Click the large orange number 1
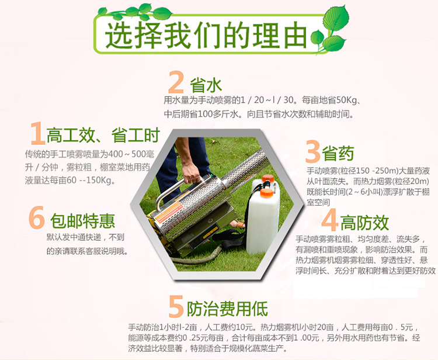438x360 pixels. click(x=38, y=133)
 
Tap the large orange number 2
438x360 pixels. click(x=176, y=82)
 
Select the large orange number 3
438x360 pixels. click(x=312, y=151)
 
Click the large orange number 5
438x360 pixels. click(x=176, y=307)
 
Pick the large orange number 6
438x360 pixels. click(x=37, y=217)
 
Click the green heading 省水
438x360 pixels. click(x=206, y=85)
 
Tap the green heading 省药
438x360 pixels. click(x=338, y=154)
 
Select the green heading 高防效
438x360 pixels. click(x=364, y=223)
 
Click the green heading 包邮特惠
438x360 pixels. click(x=83, y=221)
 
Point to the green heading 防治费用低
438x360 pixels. click(x=227, y=309)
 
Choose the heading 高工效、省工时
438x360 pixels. click(x=103, y=135)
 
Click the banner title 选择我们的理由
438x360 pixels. click(x=206, y=36)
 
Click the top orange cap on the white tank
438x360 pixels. click(x=268, y=178)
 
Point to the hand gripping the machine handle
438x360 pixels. click(x=192, y=173)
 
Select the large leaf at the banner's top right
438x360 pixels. click(x=336, y=18)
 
